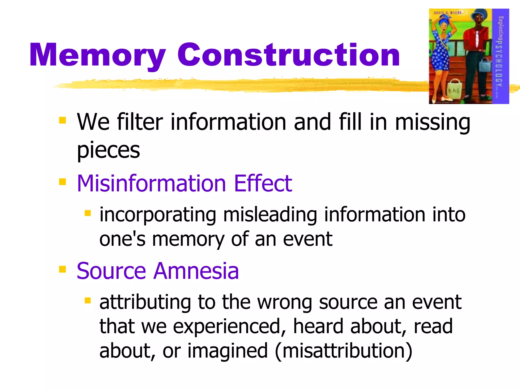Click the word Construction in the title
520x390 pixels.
click(288, 55)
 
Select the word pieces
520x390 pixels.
click(108, 150)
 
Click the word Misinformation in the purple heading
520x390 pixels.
click(151, 183)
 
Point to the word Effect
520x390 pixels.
click(263, 183)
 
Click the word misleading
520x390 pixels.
click(270, 215)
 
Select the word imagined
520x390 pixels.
click(227, 351)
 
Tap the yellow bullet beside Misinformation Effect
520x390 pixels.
click(62, 182)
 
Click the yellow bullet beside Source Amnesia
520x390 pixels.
click(62, 269)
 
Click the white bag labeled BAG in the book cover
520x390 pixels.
click(454, 89)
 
